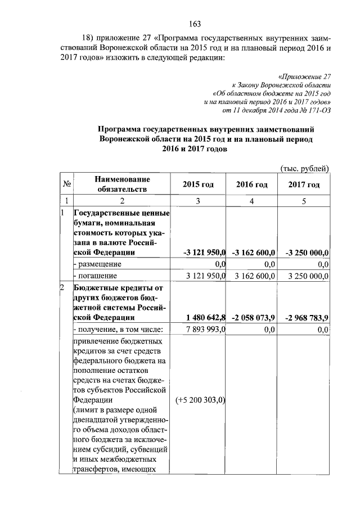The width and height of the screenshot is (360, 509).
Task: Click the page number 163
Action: tap(195, 24)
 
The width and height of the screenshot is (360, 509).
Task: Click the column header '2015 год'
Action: tap(198, 184)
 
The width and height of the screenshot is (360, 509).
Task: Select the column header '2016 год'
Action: tap(251, 184)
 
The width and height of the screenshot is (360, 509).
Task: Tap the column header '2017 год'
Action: tap(304, 184)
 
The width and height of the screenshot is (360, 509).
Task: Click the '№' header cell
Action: tap(66, 184)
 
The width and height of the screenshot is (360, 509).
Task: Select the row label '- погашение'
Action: tap(95, 276)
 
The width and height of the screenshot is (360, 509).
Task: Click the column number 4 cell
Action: tap(251, 201)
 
